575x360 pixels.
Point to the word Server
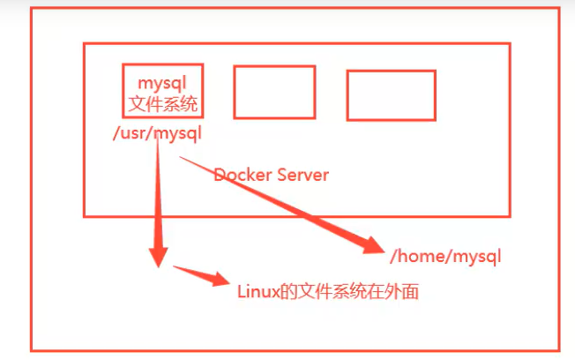[303, 175]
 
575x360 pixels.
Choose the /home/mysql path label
[445, 257]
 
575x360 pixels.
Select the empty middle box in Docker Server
[274, 92]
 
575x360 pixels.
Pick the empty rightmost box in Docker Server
[391, 95]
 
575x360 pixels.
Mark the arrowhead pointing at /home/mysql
[370, 247]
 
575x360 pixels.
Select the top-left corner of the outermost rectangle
[31, 10]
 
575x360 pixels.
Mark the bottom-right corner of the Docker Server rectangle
[511, 215]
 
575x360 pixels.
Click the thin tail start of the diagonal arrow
[181, 156]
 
